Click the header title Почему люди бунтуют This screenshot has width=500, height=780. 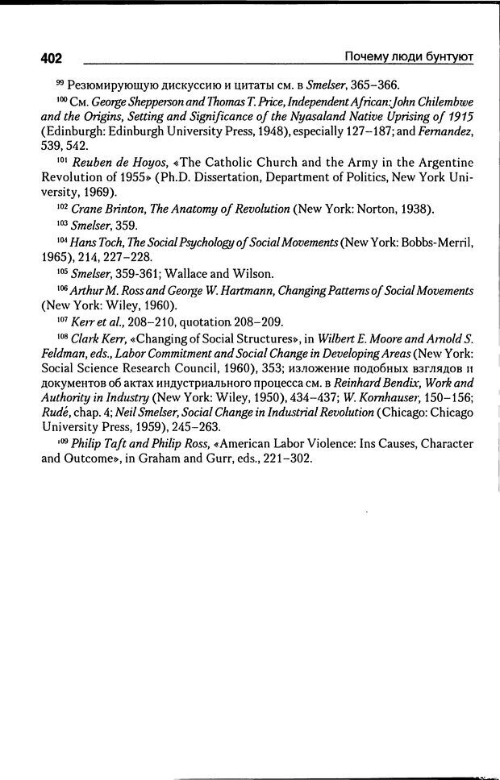[x=407, y=56]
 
